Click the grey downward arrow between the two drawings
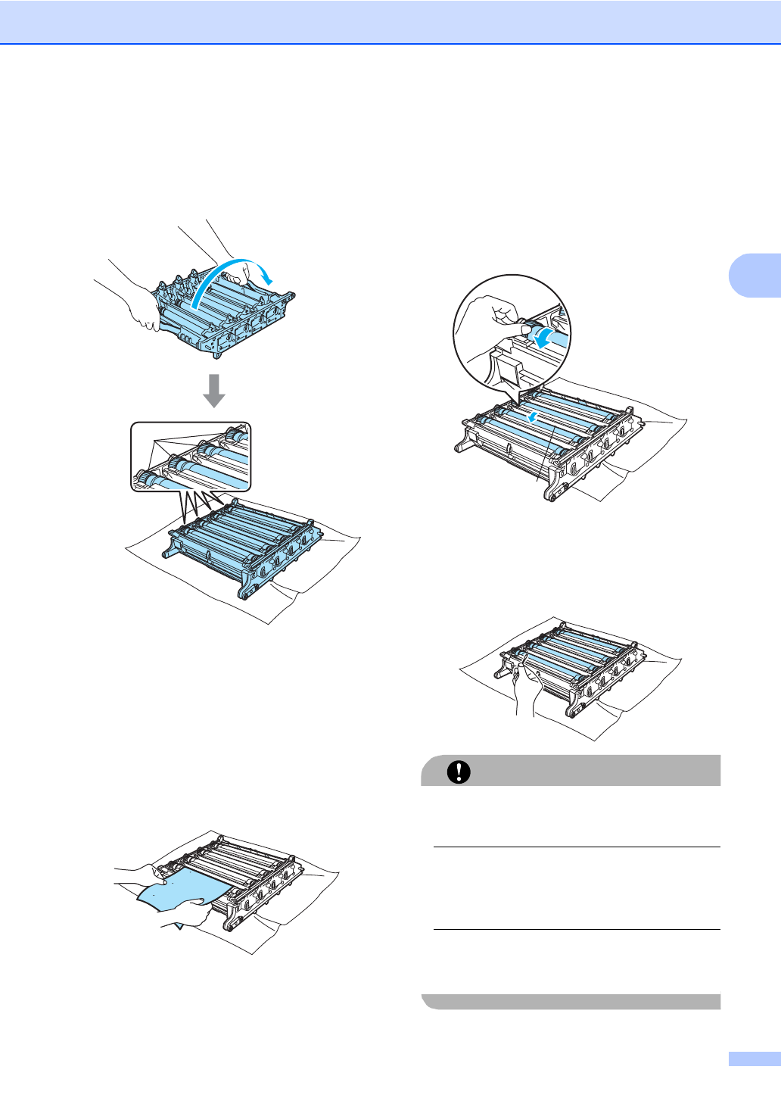coord(214,390)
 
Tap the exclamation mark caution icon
coord(459,771)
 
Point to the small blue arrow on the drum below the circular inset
coord(534,416)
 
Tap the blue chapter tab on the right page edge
coord(754,273)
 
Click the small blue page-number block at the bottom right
coord(754,1059)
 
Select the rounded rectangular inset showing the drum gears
coord(191,457)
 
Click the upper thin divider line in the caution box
coord(577,847)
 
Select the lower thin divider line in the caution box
coord(577,930)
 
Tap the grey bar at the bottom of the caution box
coord(571,1001)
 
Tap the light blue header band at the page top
coord(390,21)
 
